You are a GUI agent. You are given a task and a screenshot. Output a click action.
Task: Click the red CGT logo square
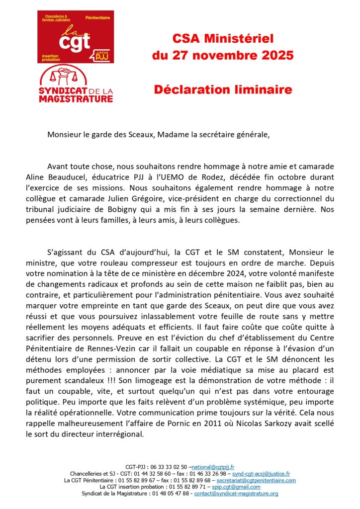(x=76, y=37)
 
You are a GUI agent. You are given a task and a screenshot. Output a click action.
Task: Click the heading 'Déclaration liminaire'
(x=223, y=90)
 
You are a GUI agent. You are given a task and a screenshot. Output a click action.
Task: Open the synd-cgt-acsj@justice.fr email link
(x=261, y=474)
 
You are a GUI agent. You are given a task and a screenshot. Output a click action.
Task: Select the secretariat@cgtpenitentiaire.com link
(x=255, y=481)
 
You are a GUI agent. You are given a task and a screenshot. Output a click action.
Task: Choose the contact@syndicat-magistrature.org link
(x=236, y=494)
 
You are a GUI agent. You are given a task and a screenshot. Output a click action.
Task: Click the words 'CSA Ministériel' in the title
(x=223, y=38)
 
